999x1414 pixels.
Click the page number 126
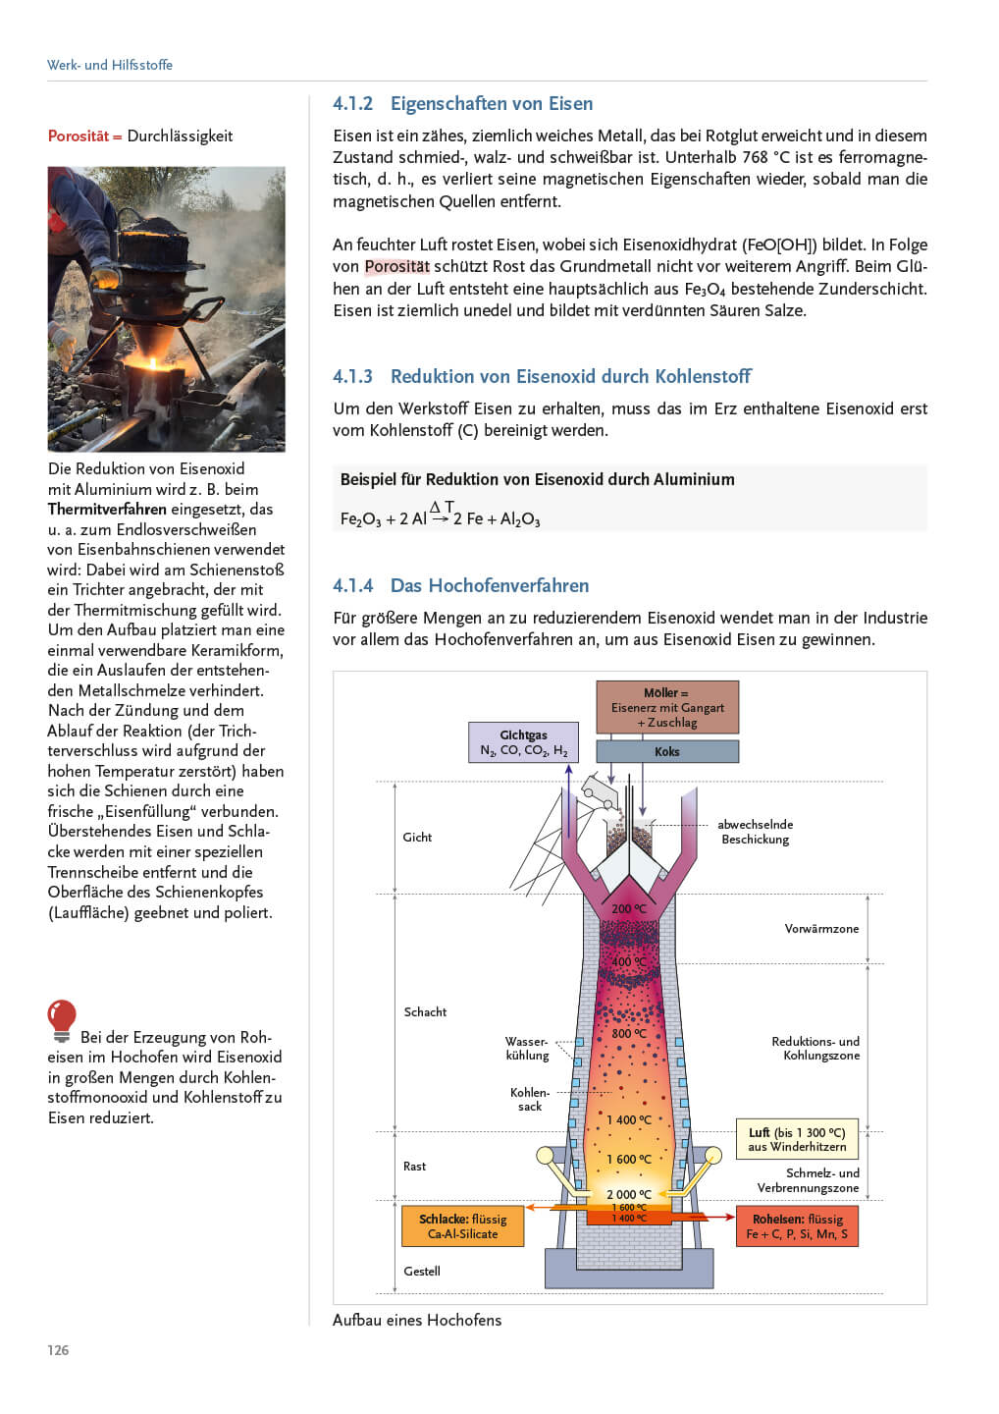[x=58, y=1350]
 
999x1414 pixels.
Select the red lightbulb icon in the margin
[x=62, y=1019]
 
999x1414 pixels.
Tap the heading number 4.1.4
[x=353, y=585]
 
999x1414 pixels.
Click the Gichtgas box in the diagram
[x=523, y=742]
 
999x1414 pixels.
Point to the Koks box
[x=667, y=751]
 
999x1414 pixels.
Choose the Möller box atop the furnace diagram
[x=667, y=707]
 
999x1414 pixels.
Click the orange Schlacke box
[x=462, y=1225]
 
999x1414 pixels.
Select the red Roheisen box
[x=797, y=1225]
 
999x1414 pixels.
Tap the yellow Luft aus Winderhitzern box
[x=797, y=1139]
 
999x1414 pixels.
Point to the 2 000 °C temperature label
[x=628, y=1194]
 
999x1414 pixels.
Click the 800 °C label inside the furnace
[x=629, y=1033]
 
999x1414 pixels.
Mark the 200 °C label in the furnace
[x=629, y=908]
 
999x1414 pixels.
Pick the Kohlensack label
[x=530, y=1099]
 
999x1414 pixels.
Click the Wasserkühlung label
[x=527, y=1048]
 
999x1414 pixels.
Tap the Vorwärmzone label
[x=821, y=928]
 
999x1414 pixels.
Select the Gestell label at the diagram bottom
[x=422, y=1271]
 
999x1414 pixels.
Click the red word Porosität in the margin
[x=79, y=136]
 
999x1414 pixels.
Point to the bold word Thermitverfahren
[x=107, y=509]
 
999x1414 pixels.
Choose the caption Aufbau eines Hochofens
[x=417, y=1320]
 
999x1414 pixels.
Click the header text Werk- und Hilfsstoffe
[x=110, y=65]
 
